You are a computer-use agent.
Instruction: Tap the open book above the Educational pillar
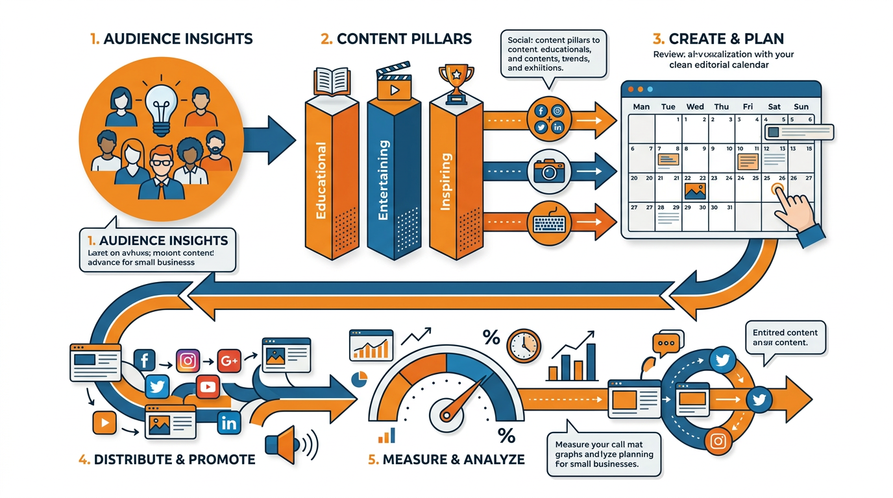[x=331, y=82]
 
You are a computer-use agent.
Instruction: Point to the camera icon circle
[x=549, y=171]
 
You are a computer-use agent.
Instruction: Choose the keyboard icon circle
[x=549, y=222]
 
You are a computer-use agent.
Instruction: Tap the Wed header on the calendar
[x=695, y=106]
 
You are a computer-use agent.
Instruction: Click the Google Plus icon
[x=229, y=361]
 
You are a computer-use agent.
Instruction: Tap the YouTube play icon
[x=208, y=387]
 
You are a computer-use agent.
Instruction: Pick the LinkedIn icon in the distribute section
[x=229, y=423]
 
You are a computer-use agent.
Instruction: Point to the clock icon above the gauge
[x=523, y=346]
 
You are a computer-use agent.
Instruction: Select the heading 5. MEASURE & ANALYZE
[x=446, y=460]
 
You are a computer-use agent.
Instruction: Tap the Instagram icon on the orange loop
[x=718, y=442]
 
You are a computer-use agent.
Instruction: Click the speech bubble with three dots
[x=668, y=344]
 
